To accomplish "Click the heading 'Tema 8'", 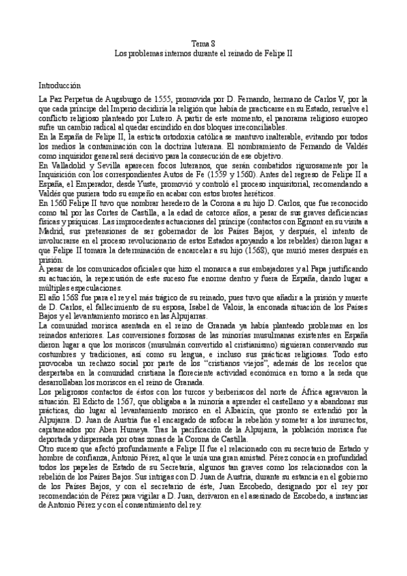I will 203,42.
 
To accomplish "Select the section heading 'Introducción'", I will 60,86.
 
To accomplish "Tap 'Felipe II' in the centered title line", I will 279,52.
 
